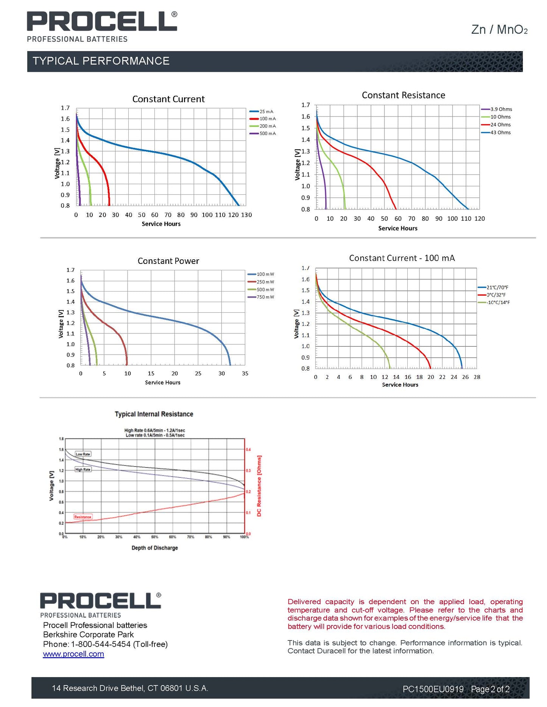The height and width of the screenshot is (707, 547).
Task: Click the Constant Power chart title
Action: [x=168, y=261]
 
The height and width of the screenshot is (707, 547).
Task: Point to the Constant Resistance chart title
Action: [x=403, y=95]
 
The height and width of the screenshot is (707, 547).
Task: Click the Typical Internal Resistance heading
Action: [x=154, y=414]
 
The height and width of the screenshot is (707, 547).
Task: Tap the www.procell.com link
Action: [x=73, y=654]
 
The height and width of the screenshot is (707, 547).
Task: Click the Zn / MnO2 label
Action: [x=499, y=29]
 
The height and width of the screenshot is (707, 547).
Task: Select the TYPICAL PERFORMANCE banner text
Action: [x=101, y=61]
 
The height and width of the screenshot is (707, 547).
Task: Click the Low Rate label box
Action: [x=83, y=454]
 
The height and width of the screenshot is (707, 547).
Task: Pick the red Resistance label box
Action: [x=83, y=517]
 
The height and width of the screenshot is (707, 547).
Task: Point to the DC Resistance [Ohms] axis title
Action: [x=259, y=486]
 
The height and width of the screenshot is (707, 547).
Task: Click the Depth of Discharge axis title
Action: [x=154, y=548]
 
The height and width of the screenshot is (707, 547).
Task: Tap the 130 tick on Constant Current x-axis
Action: [x=246, y=215]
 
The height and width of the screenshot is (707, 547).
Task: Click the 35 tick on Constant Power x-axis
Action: [x=245, y=374]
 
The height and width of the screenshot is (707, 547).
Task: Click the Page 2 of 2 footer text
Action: [x=490, y=689]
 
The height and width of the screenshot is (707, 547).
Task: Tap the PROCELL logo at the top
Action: [x=101, y=22]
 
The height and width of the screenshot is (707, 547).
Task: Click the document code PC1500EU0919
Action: [x=433, y=689]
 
